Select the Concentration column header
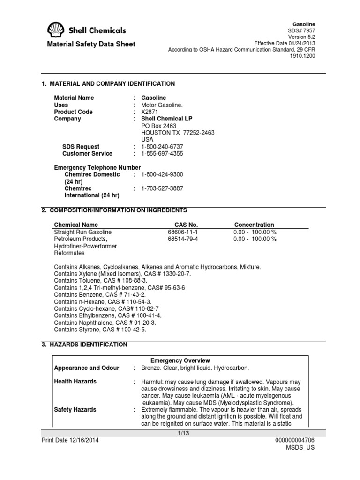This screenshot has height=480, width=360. tap(254, 225)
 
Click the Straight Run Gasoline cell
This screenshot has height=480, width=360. tap(83, 232)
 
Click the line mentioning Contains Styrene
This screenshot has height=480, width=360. tap(100, 330)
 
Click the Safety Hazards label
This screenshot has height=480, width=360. tap(75, 410)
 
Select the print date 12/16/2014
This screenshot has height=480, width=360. tap(70, 441)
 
